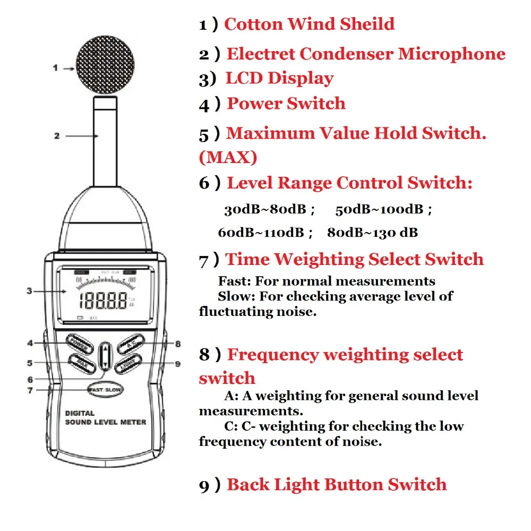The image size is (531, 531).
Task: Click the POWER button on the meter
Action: pyautogui.click(x=80, y=344)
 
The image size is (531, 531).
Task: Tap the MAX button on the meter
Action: pyautogui.click(x=82, y=365)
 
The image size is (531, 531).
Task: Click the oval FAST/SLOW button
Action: pyautogui.click(x=106, y=390)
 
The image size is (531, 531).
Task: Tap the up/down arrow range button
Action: pyautogui.click(x=106, y=355)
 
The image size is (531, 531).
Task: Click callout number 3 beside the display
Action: pyautogui.click(x=30, y=290)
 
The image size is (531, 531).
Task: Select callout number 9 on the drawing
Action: pyautogui.click(x=177, y=364)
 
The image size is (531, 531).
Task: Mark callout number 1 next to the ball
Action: pyautogui.click(x=55, y=67)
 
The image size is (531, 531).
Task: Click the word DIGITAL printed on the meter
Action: pyautogui.click(x=80, y=413)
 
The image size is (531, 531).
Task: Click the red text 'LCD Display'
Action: pyautogui.click(x=279, y=78)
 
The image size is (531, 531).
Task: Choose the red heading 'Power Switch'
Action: pyautogui.click(x=286, y=104)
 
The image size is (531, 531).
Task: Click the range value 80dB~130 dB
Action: pyautogui.click(x=372, y=233)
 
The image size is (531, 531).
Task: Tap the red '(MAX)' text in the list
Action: pyautogui.click(x=228, y=157)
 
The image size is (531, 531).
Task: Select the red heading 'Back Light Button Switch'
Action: pyautogui.click(x=337, y=484)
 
